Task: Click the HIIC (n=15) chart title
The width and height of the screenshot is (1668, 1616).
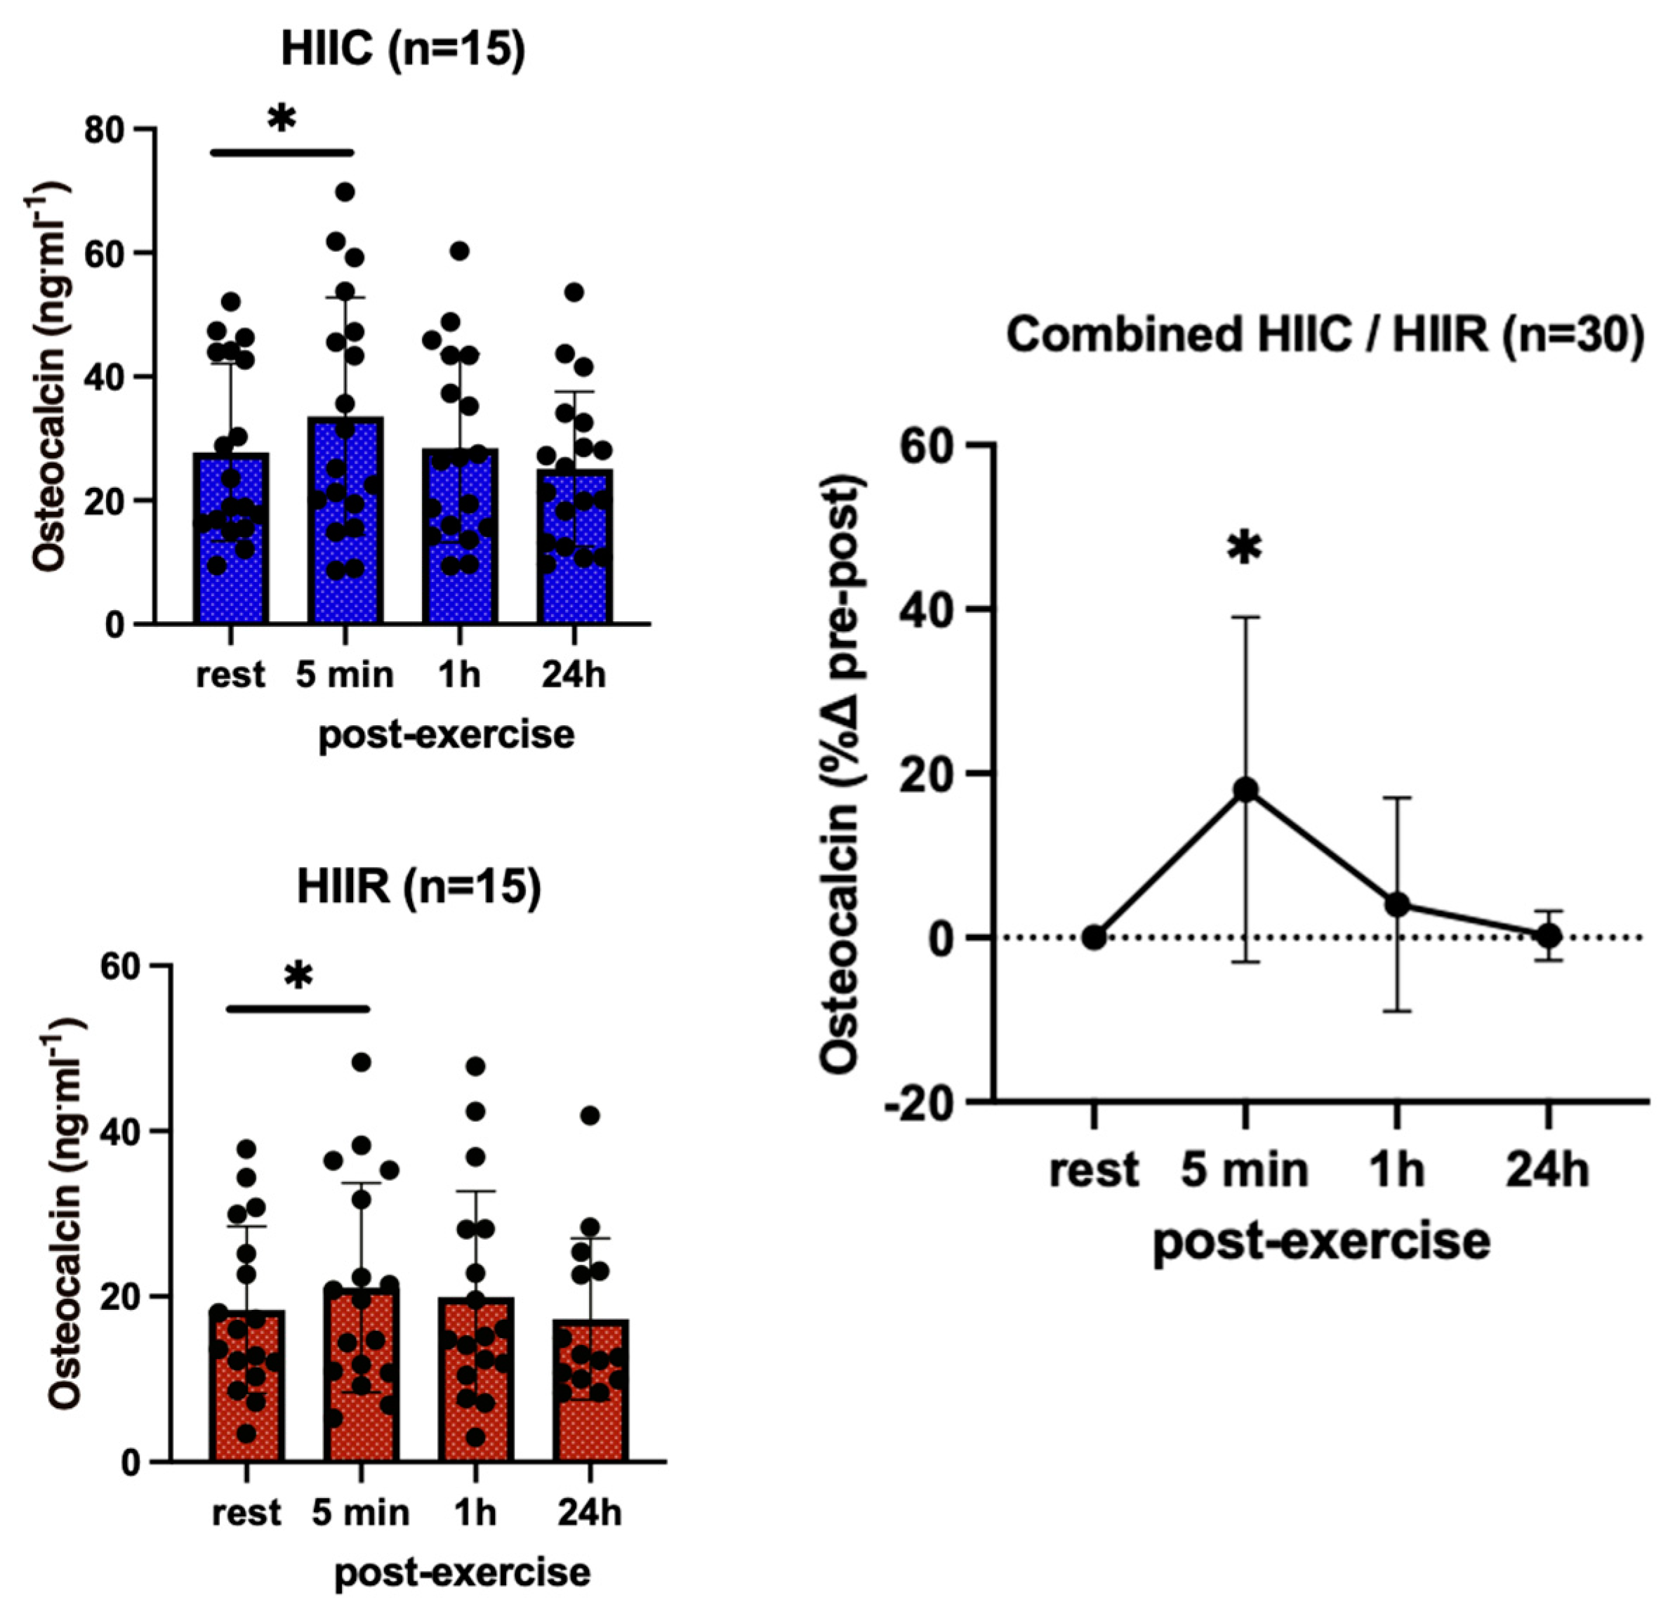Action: point(402,49)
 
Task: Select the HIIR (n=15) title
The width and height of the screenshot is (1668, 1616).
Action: point(418,887)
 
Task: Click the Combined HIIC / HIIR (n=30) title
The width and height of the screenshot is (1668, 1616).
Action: point(1324,334)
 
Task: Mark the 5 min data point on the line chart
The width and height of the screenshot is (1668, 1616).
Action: point(1245,790)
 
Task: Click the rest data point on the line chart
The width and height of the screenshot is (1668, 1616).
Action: point(1094,937)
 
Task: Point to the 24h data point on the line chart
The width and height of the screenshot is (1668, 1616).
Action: point(1548,936)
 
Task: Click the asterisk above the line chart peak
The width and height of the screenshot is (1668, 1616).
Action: point(1244,550)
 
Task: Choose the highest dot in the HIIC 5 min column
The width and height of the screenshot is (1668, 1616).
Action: point(345,192)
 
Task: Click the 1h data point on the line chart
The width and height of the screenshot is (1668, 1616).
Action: point(1396,903)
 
